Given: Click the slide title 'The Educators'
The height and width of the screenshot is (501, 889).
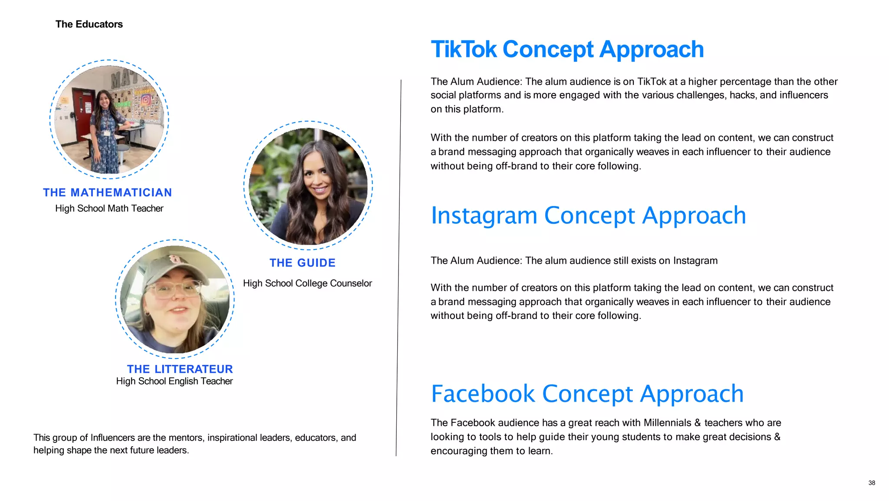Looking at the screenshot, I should click(89, 24).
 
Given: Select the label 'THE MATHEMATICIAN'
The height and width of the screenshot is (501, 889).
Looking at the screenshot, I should click(108, 192).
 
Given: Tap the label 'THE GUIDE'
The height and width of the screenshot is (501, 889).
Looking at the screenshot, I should click(303, 263).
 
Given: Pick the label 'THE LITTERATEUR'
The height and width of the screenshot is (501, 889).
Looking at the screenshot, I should click(180, 369).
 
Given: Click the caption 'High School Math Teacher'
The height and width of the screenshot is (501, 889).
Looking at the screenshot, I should click(109, 209).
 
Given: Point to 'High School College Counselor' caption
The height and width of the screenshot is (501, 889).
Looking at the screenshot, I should click(307, 283).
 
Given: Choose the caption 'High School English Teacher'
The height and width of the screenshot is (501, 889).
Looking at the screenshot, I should click(175, 381).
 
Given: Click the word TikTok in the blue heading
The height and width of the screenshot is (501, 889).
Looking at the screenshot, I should click(464, 50).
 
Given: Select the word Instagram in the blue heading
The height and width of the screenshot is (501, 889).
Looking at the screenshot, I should click(484, 216).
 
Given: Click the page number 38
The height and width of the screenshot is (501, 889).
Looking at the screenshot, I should click(872, 483).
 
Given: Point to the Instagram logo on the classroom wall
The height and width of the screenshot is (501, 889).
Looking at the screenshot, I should click(146, 100).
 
